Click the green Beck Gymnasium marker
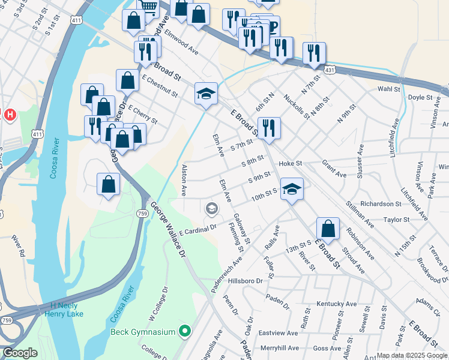[185, 332]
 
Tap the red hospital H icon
[10, 114]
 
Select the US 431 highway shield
[331, 70]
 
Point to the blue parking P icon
[272, 28]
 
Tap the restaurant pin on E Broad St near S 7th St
[268, 127]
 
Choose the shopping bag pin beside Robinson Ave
[328, 229]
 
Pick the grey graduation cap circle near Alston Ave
[211, 209]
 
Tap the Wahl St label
[388, 89]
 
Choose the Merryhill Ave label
[279, 348]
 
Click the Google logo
[20, 353]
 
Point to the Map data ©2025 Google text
[411, 355]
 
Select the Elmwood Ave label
[181, 42]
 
